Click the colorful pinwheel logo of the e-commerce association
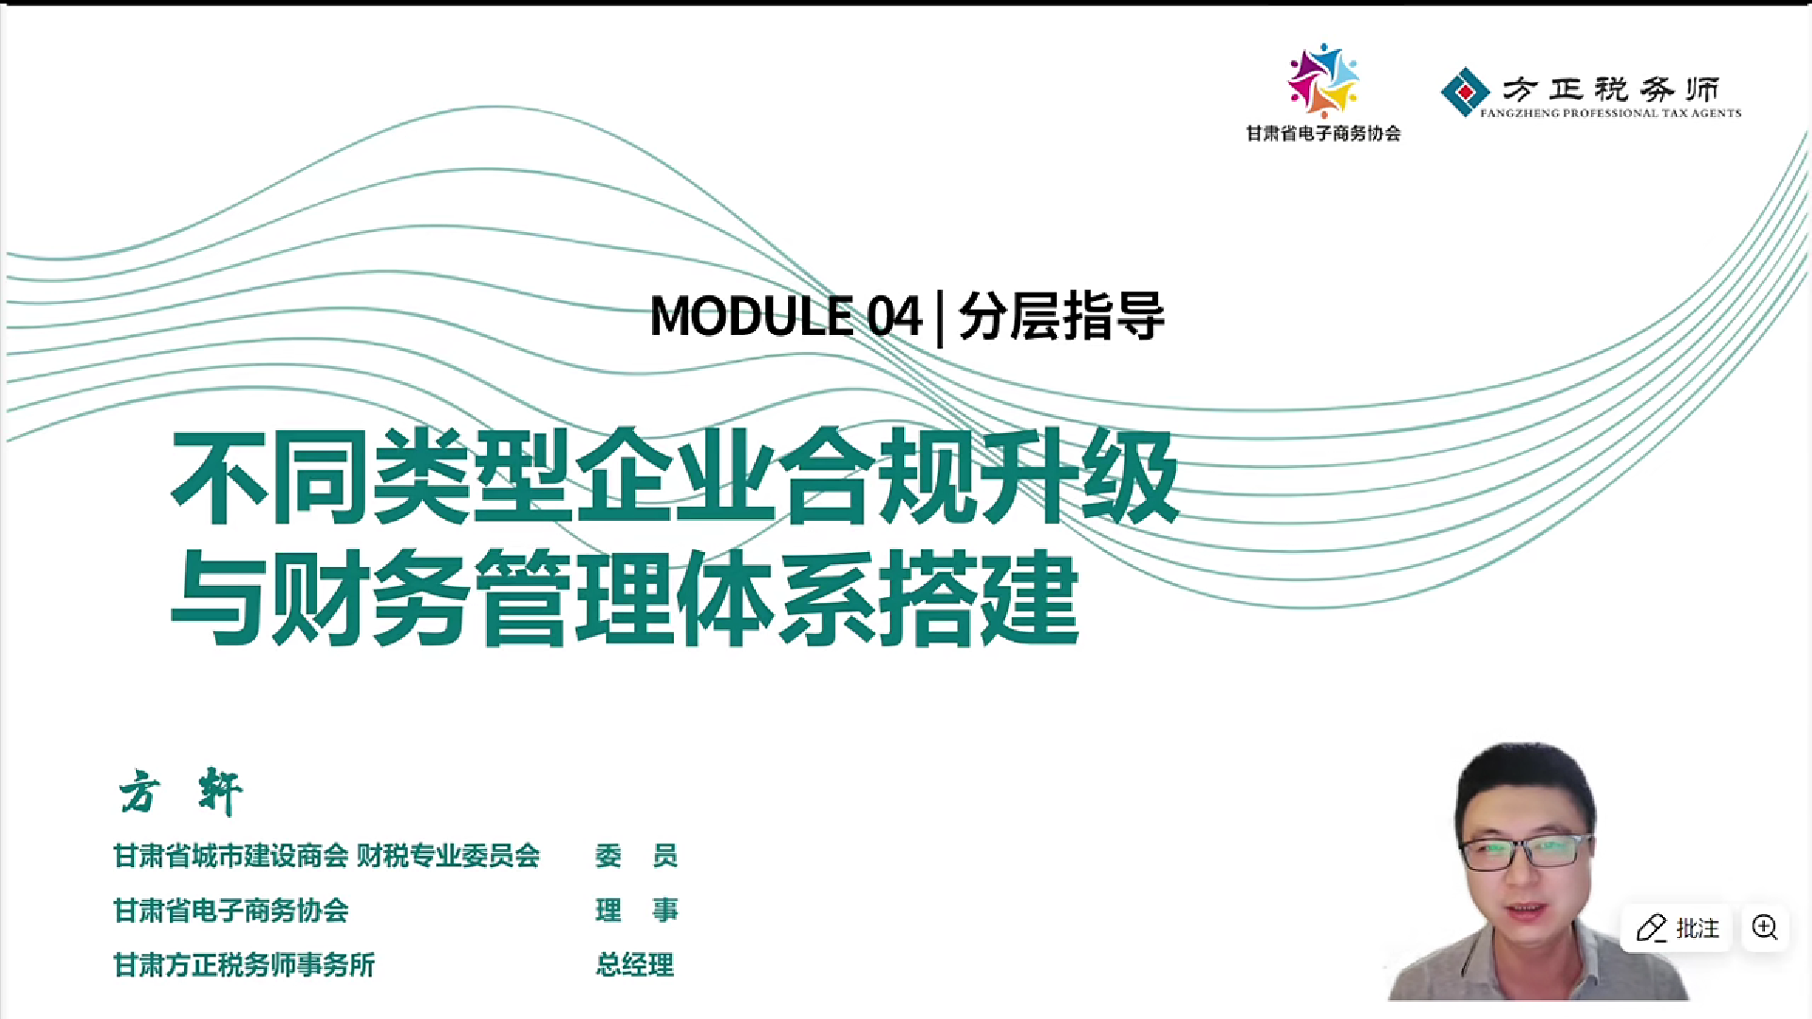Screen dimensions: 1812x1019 point(1323,80)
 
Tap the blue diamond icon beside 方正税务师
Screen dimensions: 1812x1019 point(1465,92)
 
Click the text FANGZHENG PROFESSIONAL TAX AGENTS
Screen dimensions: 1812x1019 point(1610,113)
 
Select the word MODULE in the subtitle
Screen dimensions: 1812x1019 point(751,316)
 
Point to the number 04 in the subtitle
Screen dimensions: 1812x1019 point(894,316)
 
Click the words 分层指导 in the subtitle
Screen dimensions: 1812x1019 point(1062,316)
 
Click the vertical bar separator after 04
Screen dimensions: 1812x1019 point(940,318)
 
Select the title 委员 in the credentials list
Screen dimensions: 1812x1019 point(636,856)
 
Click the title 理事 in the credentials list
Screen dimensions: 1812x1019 point(636,910)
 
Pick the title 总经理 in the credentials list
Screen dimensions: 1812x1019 point(634,965)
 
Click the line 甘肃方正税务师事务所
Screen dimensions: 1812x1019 point(243,965)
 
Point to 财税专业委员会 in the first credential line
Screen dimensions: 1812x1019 point(448,856)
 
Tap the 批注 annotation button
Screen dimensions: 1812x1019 point(1677,928)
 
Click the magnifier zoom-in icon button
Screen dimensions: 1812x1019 point(1765,927)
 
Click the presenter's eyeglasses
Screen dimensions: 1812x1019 point(1524,852)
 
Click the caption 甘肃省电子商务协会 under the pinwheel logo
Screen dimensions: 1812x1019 point(1323,134)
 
